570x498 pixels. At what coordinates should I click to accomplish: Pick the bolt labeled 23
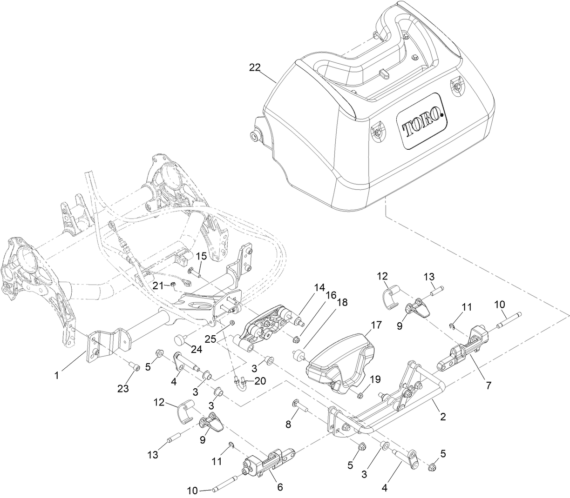pyautogui.click(x=135, y=368)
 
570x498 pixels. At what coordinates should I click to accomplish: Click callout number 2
pyautogui.click(x=442, y=417)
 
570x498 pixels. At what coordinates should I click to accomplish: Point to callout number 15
pyautogui.click(x=201, y=256)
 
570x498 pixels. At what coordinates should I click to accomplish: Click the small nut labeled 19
pyautogui.click(x=360, y=396)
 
